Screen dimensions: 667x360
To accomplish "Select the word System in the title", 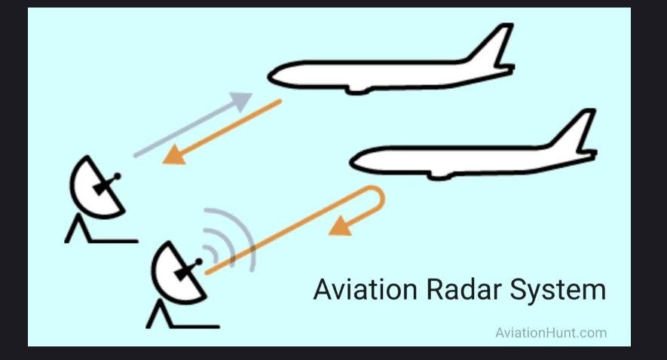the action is (556, 290).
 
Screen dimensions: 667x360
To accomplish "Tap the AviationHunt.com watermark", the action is (550, 332).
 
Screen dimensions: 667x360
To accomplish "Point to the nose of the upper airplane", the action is (273, 75).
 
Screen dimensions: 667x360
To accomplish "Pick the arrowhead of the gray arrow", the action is (243, 100).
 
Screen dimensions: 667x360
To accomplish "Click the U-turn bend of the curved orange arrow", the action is (379, 200).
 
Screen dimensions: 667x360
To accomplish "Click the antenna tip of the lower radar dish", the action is (200, 261).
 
